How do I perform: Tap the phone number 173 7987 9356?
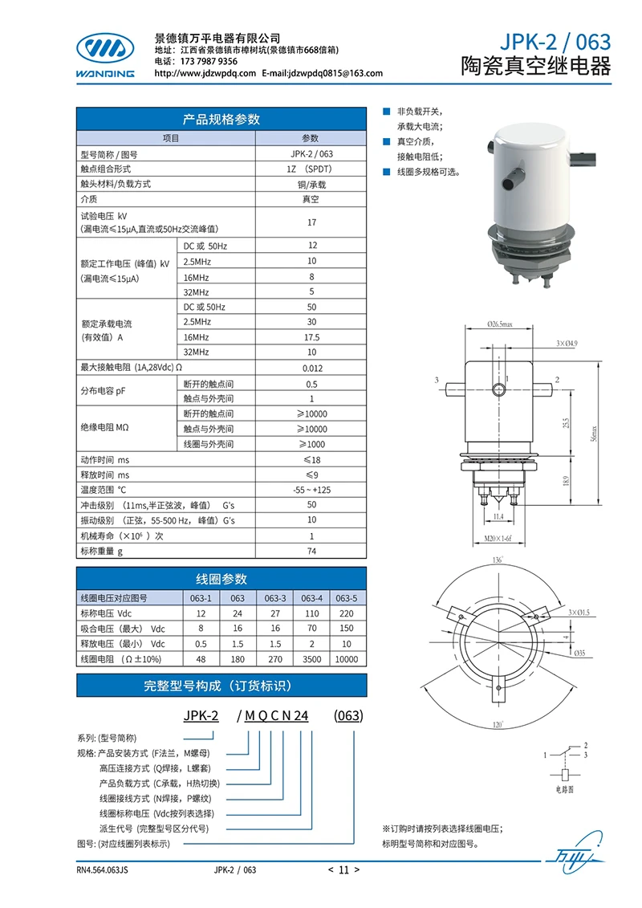209,61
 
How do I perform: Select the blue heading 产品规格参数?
221,120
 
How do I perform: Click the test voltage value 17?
311,222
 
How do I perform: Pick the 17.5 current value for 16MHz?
311,337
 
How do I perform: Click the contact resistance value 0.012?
313,368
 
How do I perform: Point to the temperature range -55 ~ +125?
311,490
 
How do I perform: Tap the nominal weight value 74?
311,552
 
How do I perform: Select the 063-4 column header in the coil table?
312,598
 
